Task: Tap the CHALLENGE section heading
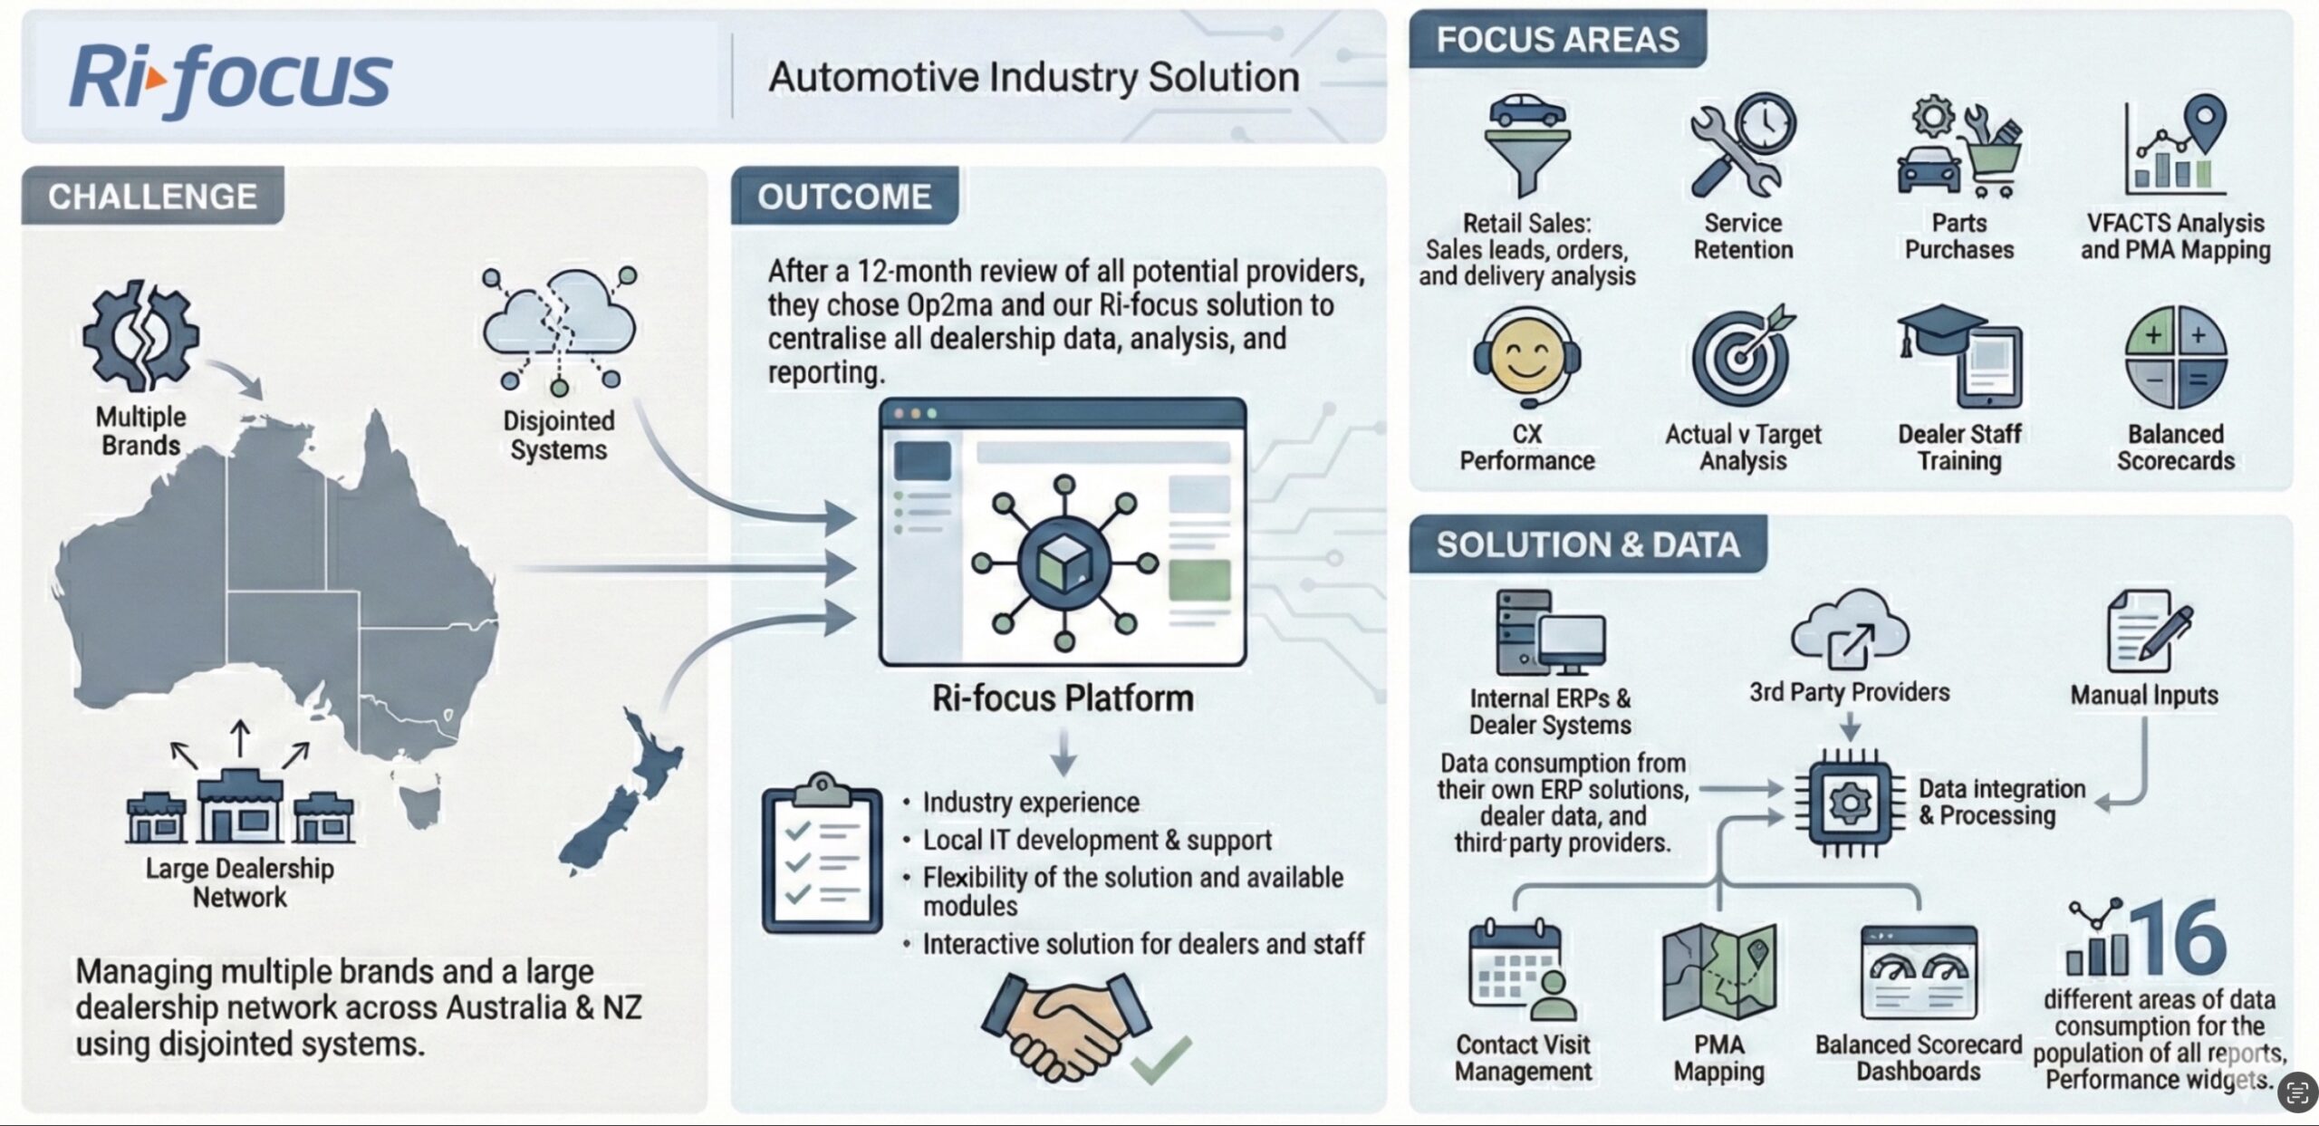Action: (x=152, y=197)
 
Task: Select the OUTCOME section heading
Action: (x=843, y=197)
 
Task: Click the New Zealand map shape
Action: (x=625, y=797)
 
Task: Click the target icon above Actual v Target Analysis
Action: (x=1742, y=355)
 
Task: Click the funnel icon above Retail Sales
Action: (x=1527, y=145)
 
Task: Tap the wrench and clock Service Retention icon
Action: (x=1742, y=145)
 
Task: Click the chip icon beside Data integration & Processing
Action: (x=1849, y=803)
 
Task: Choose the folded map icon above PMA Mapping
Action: (x=1718, y=972)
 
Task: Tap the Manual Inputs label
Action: (x=2144, y=695)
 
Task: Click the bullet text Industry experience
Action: (x=1030, y=803)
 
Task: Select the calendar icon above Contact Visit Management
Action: (x=1521, y=971)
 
